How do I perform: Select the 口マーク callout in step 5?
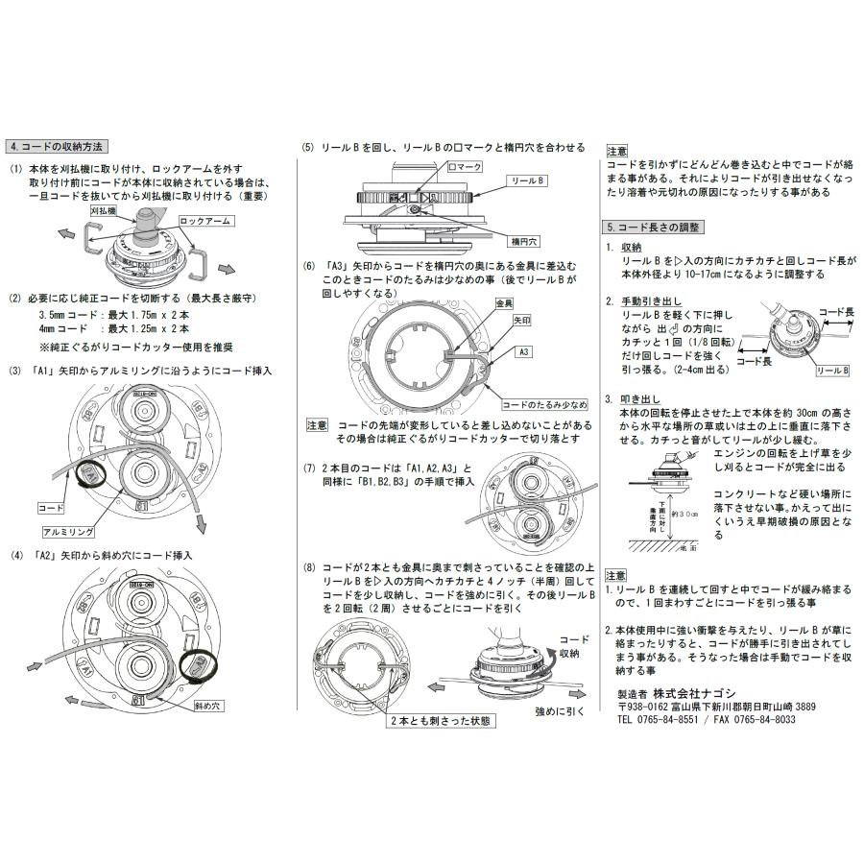(x=465, y=166)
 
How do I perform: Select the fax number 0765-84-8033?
(x=760, y=719)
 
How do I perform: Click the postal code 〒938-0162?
(x=649, y=706)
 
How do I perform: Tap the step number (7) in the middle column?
(x=307, y=468)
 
